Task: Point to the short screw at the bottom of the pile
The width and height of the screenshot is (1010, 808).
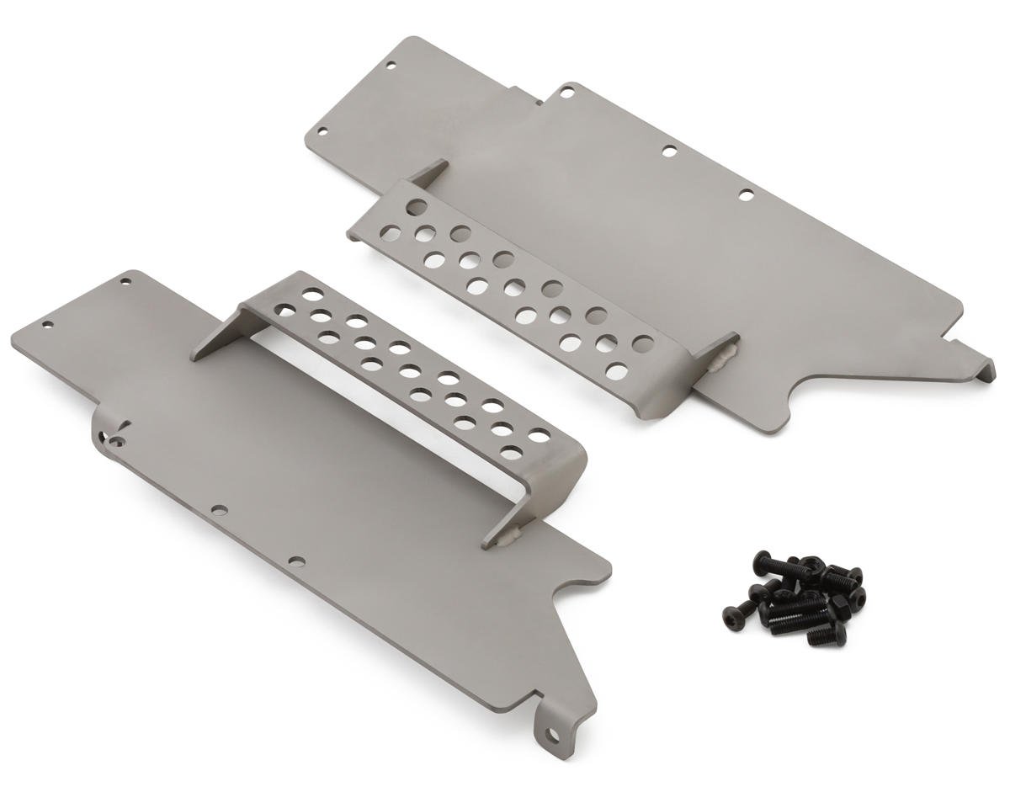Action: (x=826, y=635)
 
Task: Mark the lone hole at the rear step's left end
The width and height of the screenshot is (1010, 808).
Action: (x=415, y=206)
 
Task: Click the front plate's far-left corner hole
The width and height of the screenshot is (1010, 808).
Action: (x=47, y=323)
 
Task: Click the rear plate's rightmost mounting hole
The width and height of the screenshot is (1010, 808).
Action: (x=746, y=195)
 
